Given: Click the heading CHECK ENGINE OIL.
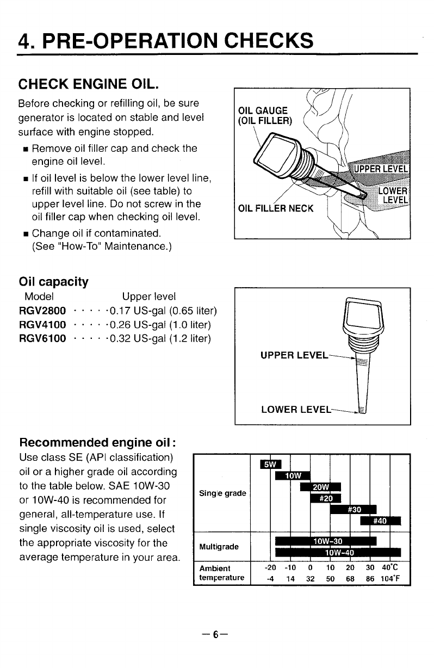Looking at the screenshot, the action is coord(89,84).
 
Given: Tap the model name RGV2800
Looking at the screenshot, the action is coord(42,311).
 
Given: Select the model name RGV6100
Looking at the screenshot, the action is coord(42,339).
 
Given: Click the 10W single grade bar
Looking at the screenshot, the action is coord(293,475).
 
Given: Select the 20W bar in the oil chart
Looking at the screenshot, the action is coord(320,487).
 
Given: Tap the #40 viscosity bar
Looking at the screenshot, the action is coord(380,521).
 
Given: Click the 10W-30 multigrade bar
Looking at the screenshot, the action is coord(326,541).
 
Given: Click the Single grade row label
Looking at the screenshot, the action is coord(223,493).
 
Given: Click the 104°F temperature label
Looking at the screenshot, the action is coord(390,578).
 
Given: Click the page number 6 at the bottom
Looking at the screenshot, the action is coord(216,635).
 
